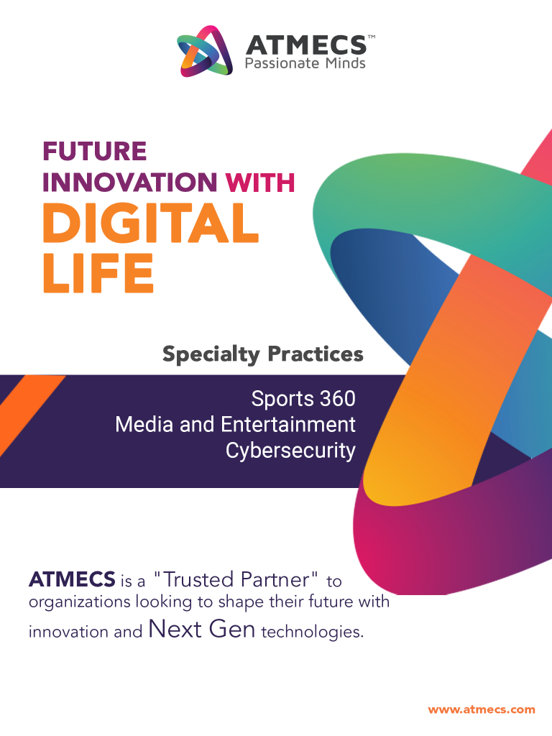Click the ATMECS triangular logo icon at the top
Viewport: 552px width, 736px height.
[x=205, y=51]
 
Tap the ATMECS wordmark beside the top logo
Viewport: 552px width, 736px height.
[x=306, y=45]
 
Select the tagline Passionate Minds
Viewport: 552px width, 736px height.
[x=305, y=63]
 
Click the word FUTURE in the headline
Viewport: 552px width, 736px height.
[x=94, y=151]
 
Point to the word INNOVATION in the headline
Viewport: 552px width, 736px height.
[x=129, y=182]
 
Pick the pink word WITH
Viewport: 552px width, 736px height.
[x=260, y=182]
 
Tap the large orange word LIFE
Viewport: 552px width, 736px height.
[x=98, y=272]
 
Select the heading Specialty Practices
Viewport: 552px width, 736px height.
[x=263, y=354]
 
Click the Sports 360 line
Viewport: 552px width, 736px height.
[x=303, y=398]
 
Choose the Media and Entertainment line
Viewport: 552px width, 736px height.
[x=235, y=424]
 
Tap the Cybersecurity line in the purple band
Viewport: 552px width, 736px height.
[x=290, y=451]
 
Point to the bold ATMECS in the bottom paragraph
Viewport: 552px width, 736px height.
[x=72, y=579]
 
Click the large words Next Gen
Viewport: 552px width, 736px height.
[x=202, y=629]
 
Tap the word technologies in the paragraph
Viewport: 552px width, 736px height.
[x=312, y=632]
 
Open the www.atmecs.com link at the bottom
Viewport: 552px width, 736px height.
[x=482, y=709]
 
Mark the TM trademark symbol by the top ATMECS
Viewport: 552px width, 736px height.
[x=372, y=37]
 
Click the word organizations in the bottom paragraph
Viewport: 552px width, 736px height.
[x=79, y=602]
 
